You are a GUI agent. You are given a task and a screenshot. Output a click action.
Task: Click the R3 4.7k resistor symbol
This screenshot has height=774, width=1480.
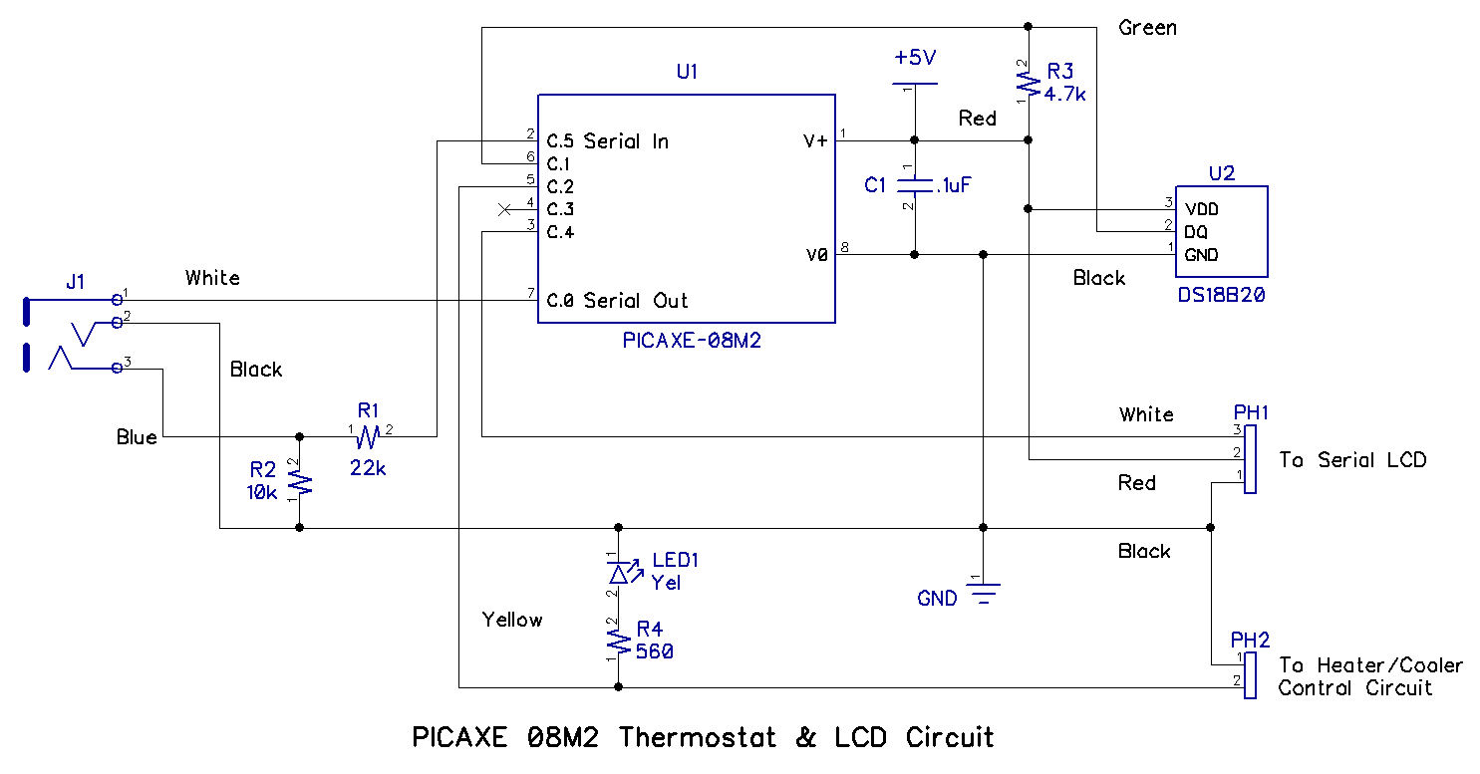[1027, 84]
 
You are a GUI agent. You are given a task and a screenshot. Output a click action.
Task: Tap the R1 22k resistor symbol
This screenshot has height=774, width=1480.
[368, 436]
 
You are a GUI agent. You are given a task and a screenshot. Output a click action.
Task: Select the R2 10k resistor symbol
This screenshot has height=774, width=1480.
[300, 482]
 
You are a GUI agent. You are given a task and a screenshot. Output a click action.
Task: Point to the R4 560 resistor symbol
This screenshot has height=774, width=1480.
[618, 640]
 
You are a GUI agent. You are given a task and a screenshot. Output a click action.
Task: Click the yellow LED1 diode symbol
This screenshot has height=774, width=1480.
[618, 573]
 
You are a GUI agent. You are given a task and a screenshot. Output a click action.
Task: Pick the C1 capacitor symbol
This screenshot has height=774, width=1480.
[915, 185]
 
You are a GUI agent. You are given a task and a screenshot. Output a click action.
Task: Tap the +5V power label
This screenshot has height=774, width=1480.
[915, 58]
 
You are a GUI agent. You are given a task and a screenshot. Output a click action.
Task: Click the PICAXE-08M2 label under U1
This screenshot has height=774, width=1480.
[687, 341]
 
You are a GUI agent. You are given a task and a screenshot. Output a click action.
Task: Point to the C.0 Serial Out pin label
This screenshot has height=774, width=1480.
[618, 300]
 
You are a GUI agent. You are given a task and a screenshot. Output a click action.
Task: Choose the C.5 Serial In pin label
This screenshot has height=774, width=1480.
[608, 141]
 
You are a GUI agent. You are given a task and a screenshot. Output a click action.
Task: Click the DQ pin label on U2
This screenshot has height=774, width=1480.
[1196, 232]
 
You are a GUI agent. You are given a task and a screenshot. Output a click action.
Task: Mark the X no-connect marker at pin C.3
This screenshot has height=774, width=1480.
[504, 209]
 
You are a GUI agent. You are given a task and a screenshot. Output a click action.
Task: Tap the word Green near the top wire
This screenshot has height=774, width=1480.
[1147, 28]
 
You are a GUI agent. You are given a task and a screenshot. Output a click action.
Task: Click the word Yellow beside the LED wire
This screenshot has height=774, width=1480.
[512, 620]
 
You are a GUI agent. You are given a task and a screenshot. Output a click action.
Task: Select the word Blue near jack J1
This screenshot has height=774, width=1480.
[137, 437]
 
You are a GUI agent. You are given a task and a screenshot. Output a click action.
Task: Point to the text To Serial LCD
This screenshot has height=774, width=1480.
[1352, 460]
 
